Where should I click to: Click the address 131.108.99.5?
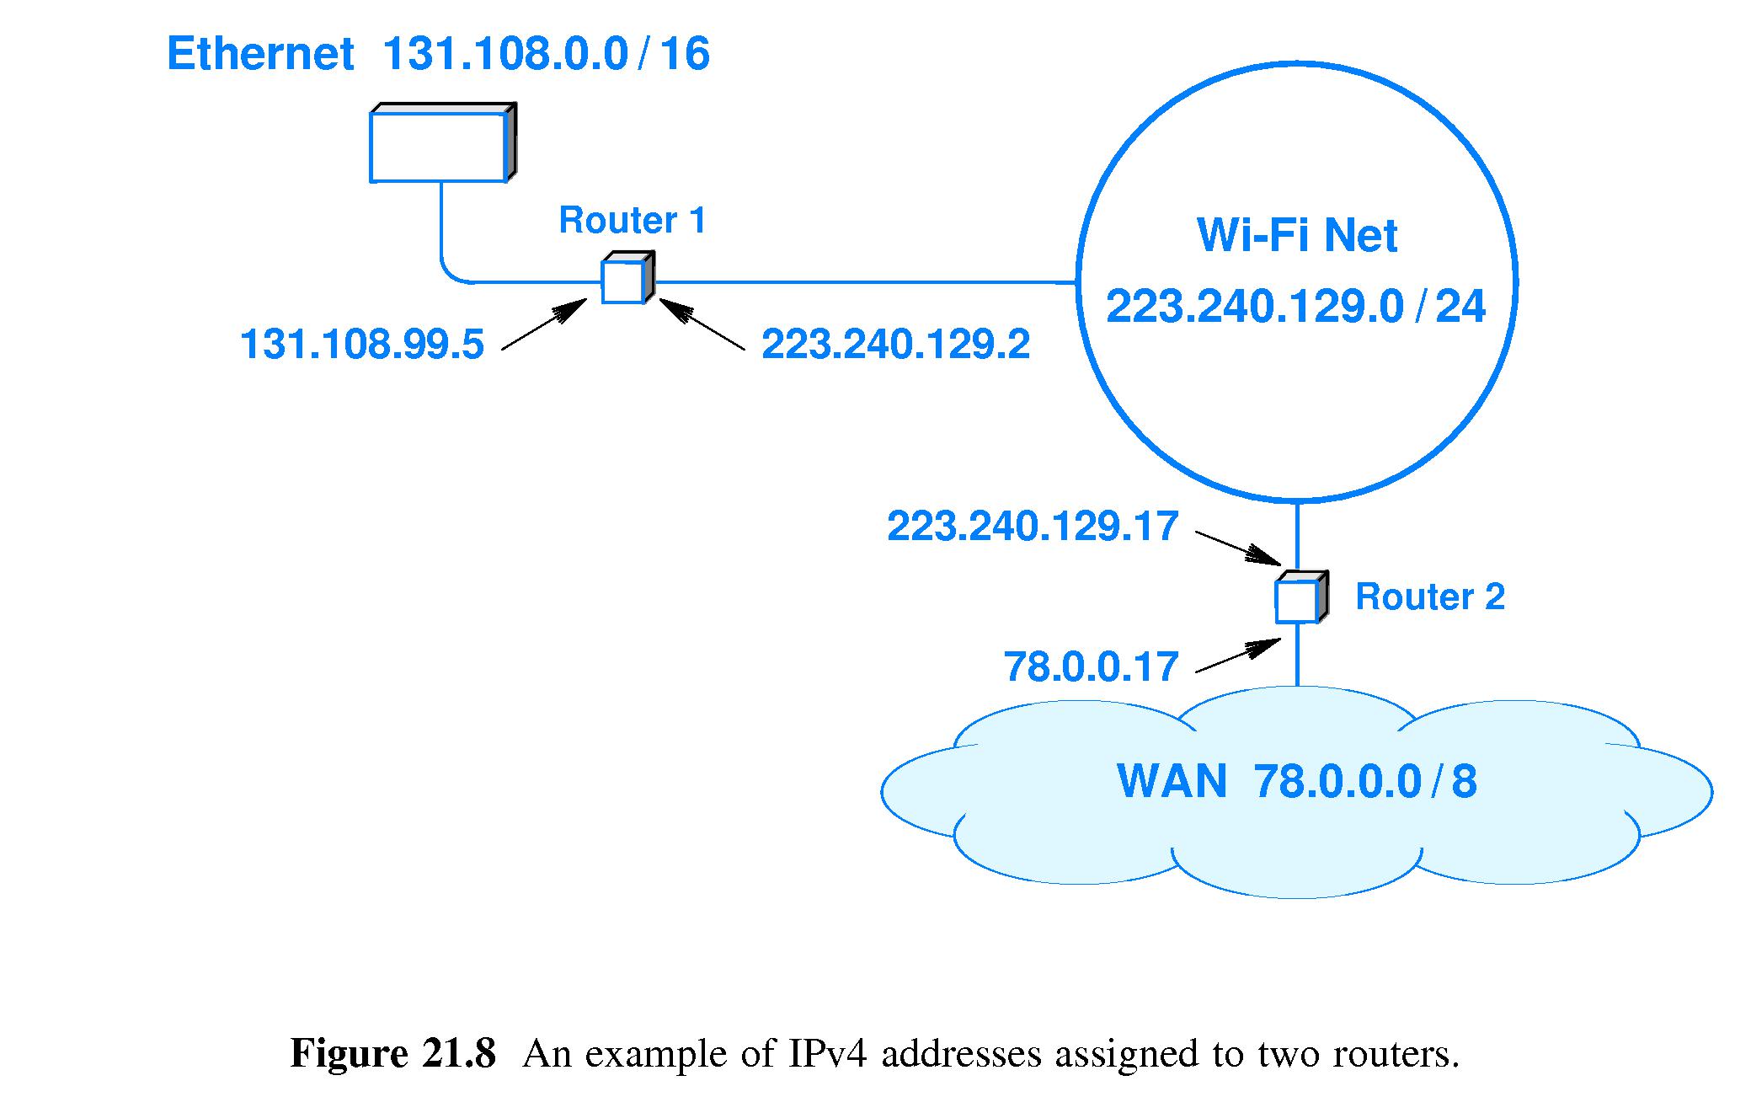pos(362,345)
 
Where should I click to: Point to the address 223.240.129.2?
pos(895,345)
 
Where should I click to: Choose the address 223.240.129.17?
pos(1032,527)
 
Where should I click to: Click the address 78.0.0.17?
pos(1090,667)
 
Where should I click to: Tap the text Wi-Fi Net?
pos(1296,235)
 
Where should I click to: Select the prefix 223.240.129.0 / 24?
pos(1295,306)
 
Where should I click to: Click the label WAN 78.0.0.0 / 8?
pos(1296,781)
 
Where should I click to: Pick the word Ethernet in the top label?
pos(260,54)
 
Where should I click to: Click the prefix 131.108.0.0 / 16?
pos(546,54)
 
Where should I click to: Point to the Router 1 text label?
pos(632,220)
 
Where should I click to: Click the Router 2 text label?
pos(1429,597)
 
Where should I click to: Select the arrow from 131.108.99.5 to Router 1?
pos(544,324)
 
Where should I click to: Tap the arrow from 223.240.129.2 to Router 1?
pos(702,324)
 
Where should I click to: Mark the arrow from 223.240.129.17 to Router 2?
pos(1238,548)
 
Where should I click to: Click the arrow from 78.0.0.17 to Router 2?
pos(1238,655)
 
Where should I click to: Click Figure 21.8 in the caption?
pos(392,1054)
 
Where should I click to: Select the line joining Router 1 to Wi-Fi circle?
pos(863,282)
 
